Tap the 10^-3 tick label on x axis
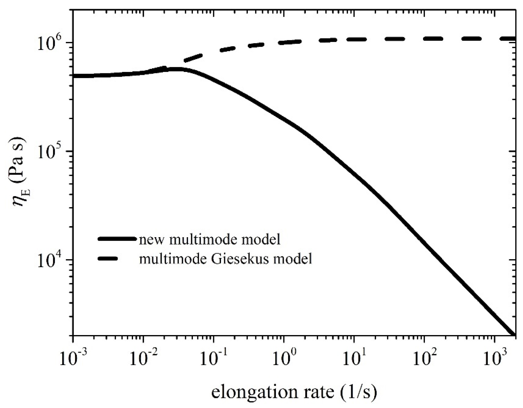coord(73,359)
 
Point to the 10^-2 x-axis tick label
coord(144,359)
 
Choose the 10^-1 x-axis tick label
coord(214,359)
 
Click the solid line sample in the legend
coord(117,239)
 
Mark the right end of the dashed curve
coord(514,39)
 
